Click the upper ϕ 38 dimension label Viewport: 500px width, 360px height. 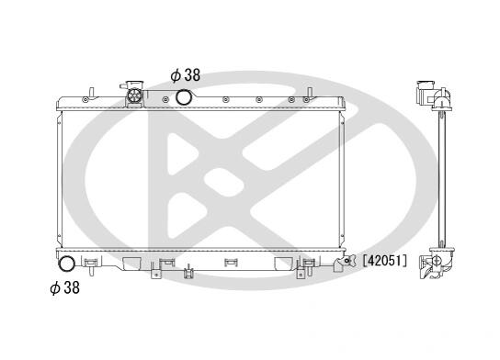186,75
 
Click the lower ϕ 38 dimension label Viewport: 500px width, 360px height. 64,287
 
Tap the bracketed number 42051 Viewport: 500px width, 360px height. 385,261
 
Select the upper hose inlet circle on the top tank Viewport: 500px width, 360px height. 184,97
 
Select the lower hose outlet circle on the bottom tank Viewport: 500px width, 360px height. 67,264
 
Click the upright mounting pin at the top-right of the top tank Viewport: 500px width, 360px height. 309,93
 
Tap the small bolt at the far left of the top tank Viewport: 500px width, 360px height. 85,99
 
